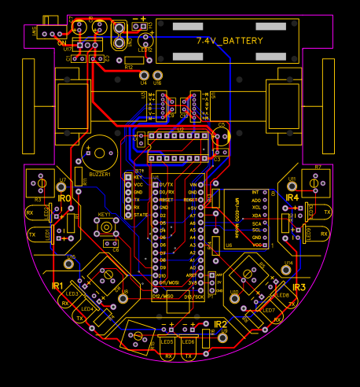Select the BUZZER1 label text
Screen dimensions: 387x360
point(100,175)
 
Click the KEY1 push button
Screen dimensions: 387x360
point(105,229)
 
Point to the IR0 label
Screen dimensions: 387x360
point(64,200)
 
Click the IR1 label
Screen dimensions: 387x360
point(57,286)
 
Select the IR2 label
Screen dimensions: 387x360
point(220,324)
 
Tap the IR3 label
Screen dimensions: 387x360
point(299,288)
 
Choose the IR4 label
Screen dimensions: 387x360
point(292,197)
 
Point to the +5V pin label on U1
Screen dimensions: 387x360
point(192,208)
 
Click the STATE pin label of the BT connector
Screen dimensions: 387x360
point(141,215)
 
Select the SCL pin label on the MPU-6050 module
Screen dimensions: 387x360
point(255,230)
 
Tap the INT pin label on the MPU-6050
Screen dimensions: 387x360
point(255,192)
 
